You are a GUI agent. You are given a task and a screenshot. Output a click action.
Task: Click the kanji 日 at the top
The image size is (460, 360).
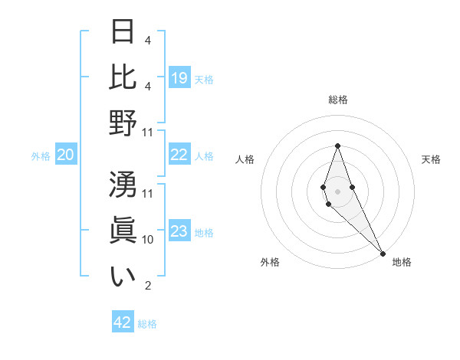[x=123, y=32]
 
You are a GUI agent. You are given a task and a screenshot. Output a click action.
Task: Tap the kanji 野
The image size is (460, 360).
[x=123, y=122]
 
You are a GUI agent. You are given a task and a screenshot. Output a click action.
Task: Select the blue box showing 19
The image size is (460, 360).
[x=179, y=78]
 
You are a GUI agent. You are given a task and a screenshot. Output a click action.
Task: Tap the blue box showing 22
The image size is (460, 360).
[x=179, y=155]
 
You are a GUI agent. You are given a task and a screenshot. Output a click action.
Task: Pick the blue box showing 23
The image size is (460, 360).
[x=179, y=232]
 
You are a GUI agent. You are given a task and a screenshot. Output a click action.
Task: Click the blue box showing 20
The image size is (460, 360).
[x=66, y=155]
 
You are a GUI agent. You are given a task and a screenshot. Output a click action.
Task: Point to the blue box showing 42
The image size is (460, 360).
[x=123, y=322]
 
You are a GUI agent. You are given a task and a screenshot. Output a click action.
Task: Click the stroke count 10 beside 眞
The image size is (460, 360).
[x=148, y=240]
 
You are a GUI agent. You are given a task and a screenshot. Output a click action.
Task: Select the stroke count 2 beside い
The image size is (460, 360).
[x=148, y=286]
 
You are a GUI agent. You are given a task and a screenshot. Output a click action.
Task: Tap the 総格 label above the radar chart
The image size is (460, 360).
[x=337, y=100]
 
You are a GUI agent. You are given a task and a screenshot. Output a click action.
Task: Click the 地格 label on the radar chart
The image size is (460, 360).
[x=402, y=262]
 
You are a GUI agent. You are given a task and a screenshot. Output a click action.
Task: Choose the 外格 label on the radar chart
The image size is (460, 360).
[x=270, y=262]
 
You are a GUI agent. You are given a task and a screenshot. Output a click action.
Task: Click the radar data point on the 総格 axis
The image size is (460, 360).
[x=337, y=146]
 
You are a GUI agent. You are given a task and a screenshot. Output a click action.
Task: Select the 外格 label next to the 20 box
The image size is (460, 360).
[x=41, y=156]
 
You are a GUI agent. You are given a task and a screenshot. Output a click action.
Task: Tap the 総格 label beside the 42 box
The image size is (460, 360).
[x=147, y=324]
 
